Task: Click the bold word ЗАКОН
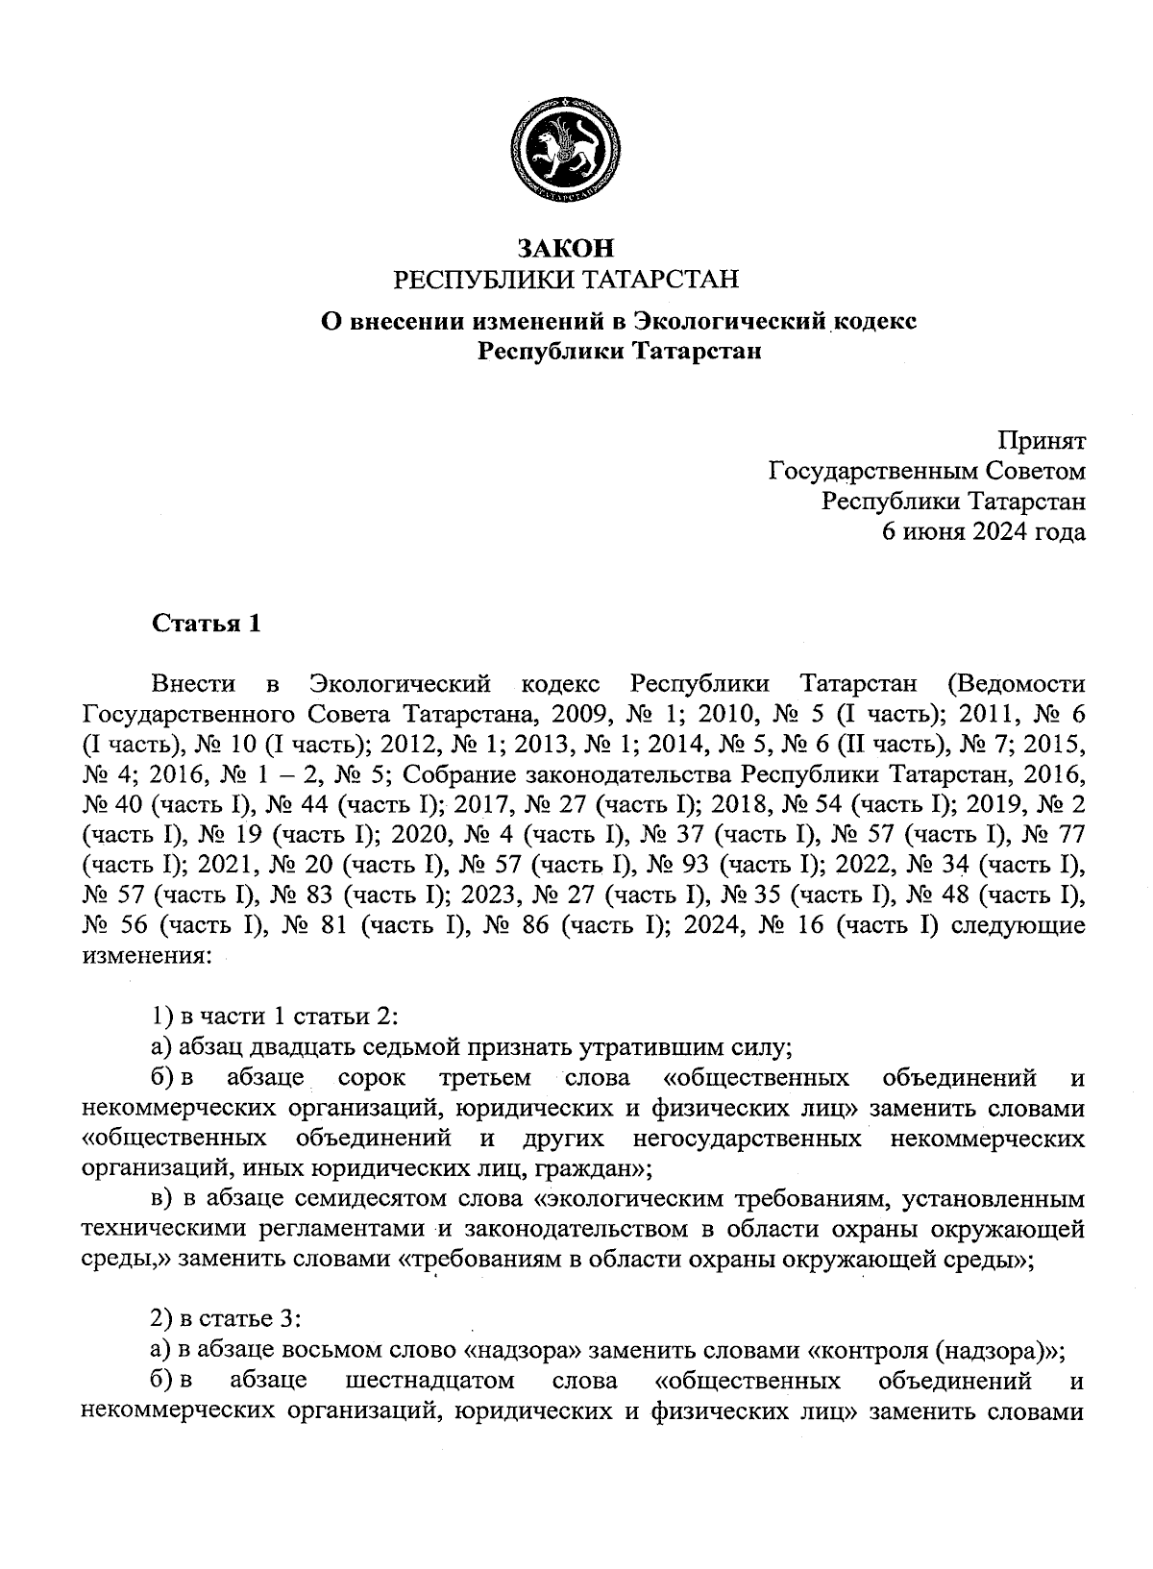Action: click(x=565, y=248)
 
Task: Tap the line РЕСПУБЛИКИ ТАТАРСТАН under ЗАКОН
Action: click(x=567, y=280)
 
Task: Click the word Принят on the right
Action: click(x=1042, y=441)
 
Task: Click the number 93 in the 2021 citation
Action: click(x=699, y=865)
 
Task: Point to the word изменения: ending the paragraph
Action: click(x=144, y=956)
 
